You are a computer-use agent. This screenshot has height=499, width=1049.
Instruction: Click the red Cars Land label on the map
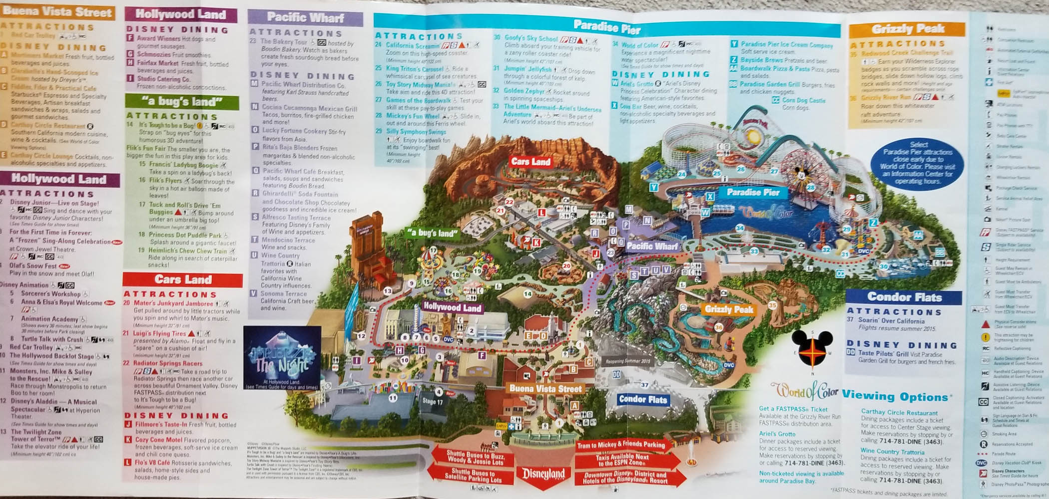[x=530, y=162]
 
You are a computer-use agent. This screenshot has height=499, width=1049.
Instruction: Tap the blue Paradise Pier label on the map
[x=753, y=192]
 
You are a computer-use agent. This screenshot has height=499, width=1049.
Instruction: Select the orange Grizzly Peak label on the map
[x=729, y=309]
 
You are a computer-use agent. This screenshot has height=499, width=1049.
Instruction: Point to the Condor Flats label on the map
[x=643, y=399]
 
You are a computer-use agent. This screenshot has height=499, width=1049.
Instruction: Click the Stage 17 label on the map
[x=432, y=401]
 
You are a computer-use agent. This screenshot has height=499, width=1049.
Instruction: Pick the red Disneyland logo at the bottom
[x=543, y=474]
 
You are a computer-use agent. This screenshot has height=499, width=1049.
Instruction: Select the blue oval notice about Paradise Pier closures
[x=918, y=163]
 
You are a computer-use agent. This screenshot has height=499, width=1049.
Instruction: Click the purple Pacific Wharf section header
[x=305, y=17]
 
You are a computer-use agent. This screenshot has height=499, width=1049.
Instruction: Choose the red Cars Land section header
[x=183, y=279]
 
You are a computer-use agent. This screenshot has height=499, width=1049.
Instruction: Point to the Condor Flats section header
[x=904, y=297]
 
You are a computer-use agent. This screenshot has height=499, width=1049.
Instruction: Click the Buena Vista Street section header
[x=57, y=12]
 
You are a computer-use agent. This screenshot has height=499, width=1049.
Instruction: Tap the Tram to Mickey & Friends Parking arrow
[x=621, y=445]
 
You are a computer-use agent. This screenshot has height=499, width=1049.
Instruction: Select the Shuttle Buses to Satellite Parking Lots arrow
[x=473, y=476]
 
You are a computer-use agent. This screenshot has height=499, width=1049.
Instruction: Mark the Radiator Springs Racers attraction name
[x=168, y=363]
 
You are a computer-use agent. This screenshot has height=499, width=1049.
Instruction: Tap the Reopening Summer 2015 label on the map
[x=628, y=361]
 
